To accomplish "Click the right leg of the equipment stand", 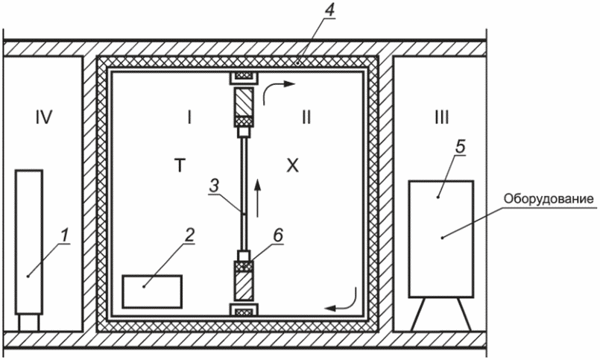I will (x=464, y=314).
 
